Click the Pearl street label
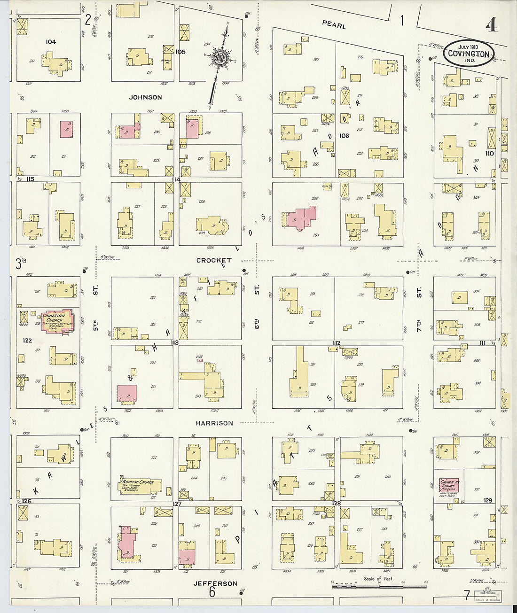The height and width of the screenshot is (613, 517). tap(334, 25)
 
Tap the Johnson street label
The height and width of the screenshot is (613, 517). tap(146, 97)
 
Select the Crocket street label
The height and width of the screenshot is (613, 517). tap(214, 260)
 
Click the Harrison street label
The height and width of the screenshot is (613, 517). tap(214, 423)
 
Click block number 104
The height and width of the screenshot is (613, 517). tap(51, 42)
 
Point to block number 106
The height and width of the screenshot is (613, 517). tap(344, 136)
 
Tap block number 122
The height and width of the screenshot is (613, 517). tap(27, 340)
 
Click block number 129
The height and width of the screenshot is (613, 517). tap(488, 500)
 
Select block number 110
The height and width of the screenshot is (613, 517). tap(490, 153)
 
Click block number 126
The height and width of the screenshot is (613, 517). tap(26, 501)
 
